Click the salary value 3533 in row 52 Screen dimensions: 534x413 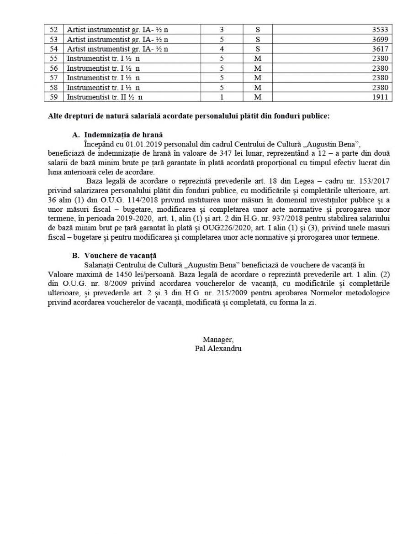click(x=381, y=30)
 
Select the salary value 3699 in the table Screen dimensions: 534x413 click(x=381, y=39)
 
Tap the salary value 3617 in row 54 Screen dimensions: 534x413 click(x=381, y=49)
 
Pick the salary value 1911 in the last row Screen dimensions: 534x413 click(x=381, y=97)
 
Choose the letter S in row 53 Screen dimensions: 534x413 click(x=258, y=39)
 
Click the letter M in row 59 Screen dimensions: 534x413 click(x=258, y=97)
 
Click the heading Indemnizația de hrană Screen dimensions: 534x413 click(x=123, y=135)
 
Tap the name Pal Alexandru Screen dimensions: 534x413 click(x=218, y=348)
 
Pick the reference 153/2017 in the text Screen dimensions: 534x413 click(x=374, y=181)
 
